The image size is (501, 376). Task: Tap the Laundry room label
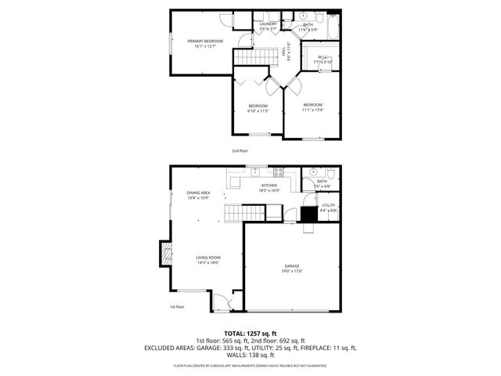(269, 24)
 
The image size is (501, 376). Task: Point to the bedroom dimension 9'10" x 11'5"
(258, 111)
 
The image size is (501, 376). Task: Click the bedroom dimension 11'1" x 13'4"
(312, 110)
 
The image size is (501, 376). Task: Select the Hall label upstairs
(283, 51)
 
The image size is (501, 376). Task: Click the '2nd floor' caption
(239, 150)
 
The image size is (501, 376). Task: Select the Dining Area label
(197, 193)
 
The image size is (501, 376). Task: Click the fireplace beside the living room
(165, 253)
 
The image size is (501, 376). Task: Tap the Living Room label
(207, 258)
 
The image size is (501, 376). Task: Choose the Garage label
(292, 266)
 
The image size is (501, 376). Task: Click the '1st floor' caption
(177, 306)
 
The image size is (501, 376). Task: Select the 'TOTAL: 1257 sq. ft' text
(250, 333)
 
